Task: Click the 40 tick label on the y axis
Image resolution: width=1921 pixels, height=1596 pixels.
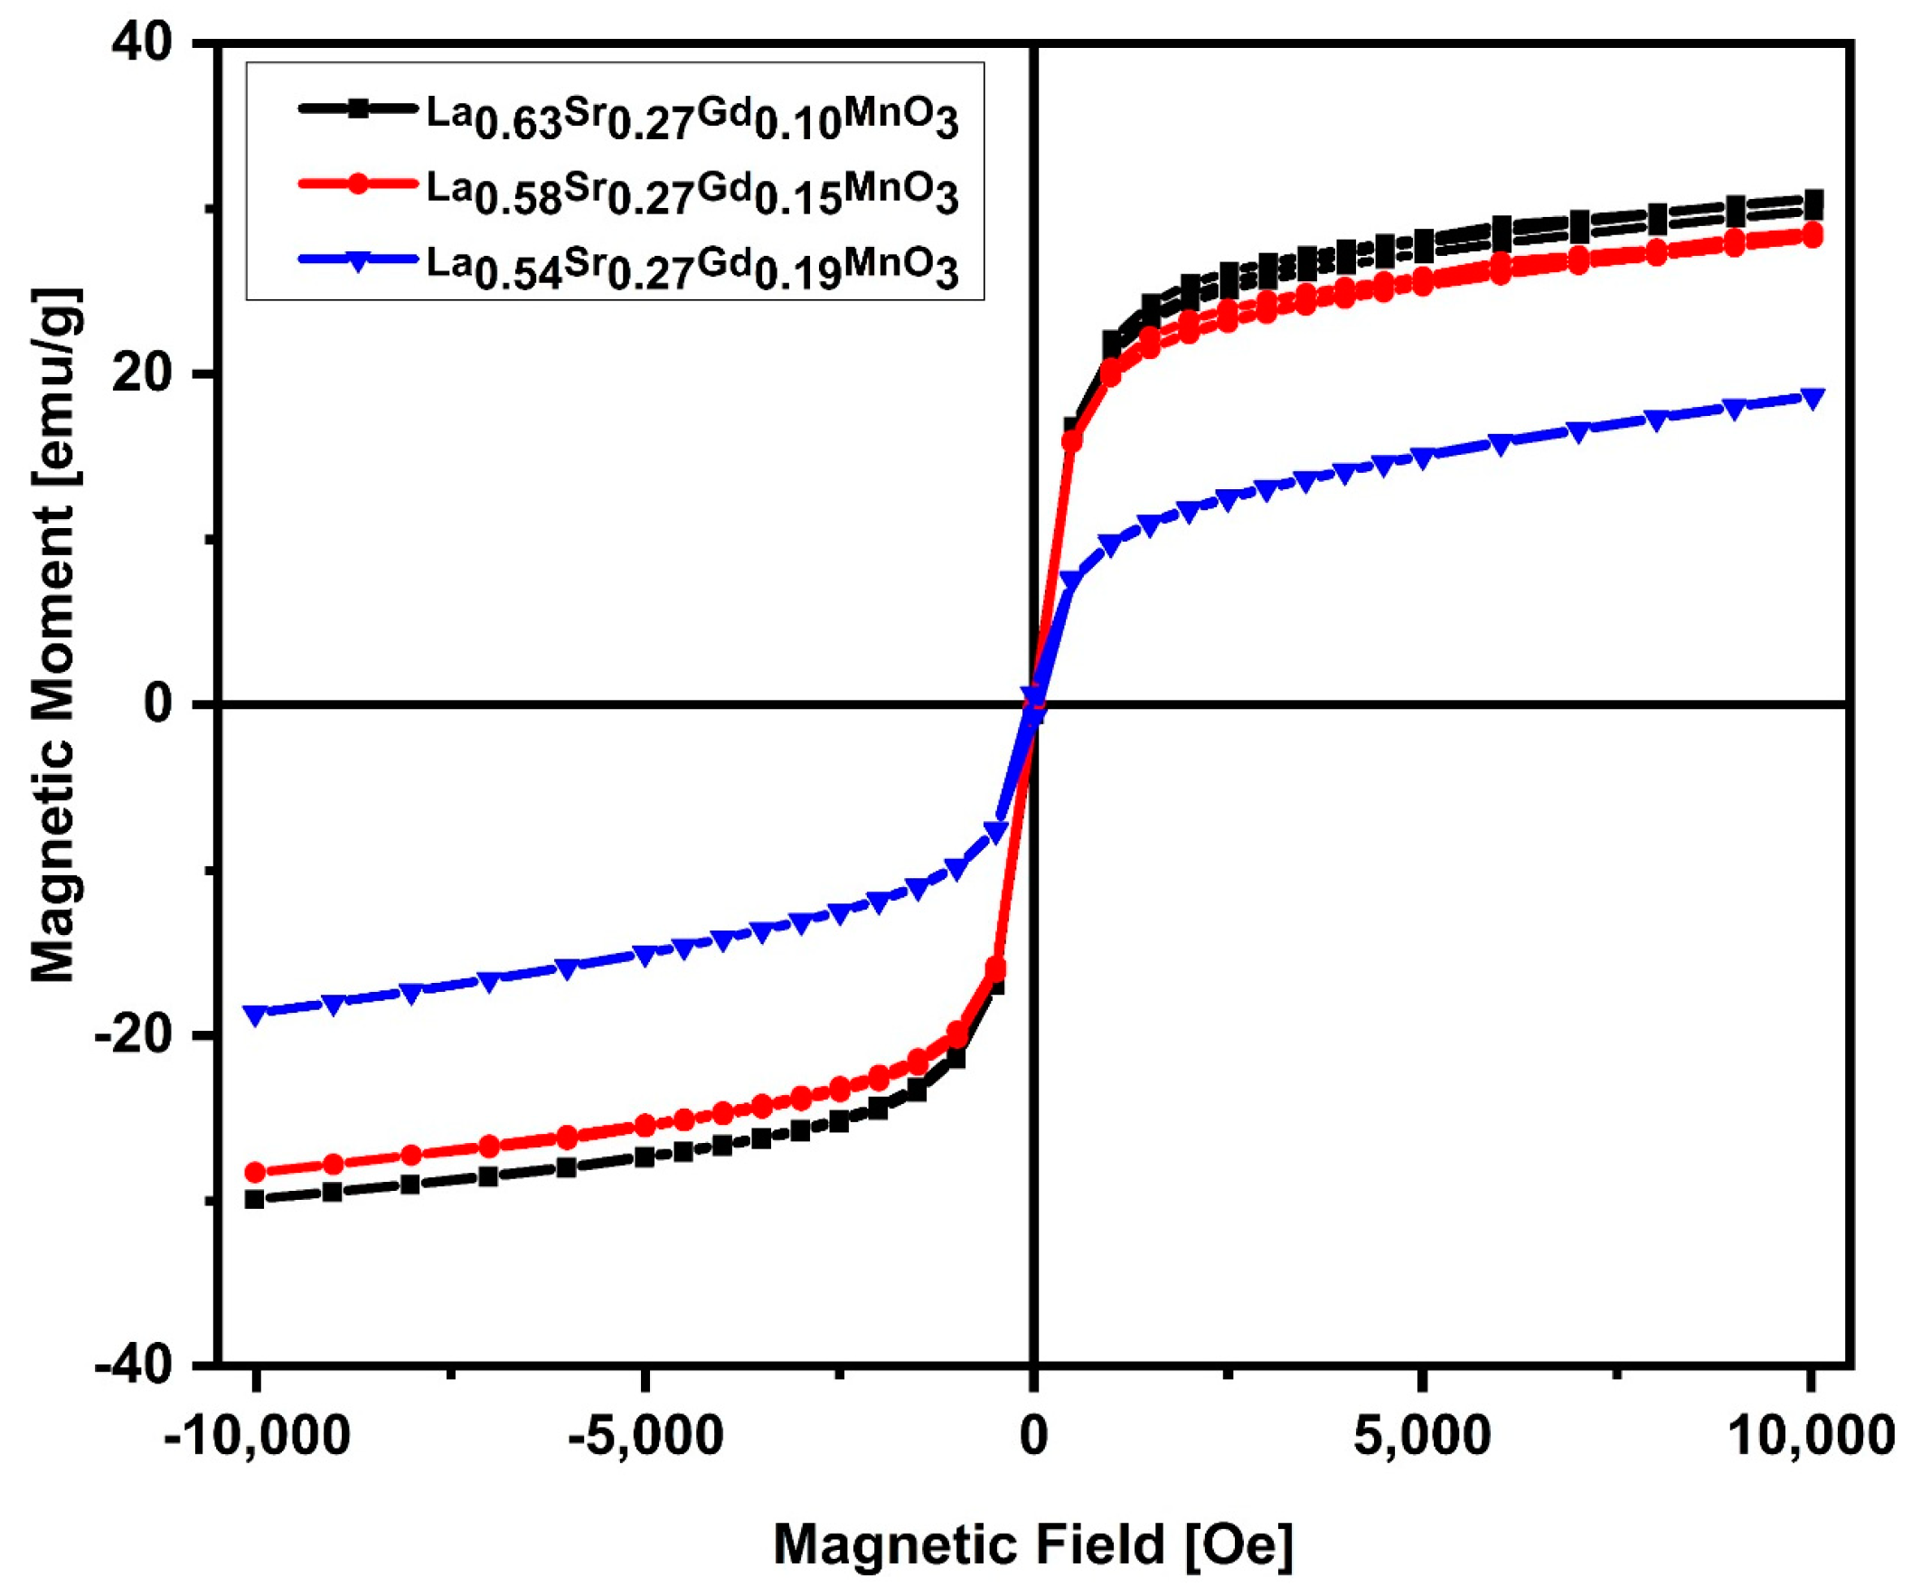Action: (142, 45)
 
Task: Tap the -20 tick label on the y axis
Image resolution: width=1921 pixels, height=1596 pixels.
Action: (134, 1035)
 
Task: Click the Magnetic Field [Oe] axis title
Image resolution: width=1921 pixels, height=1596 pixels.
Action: (1032, 1544)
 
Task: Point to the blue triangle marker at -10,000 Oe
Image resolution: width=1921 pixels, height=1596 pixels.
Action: (256, 1014)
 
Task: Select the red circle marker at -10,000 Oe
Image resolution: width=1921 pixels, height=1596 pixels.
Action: (256, 1172)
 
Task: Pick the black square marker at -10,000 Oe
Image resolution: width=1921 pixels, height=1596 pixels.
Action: (256, 1199)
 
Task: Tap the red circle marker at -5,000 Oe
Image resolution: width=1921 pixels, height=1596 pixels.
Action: (645, 1125)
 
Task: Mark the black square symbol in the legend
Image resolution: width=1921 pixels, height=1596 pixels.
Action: (360, 109)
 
